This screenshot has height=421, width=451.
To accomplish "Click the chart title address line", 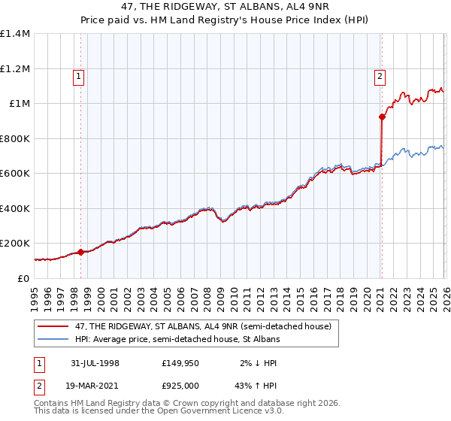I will point(225,5).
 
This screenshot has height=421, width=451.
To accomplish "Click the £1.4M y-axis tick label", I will point(15,34).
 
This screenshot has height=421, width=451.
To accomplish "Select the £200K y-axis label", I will point(15,244).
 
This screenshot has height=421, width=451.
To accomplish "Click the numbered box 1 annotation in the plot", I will point(80,75).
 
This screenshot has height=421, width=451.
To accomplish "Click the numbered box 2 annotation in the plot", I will point(380,75).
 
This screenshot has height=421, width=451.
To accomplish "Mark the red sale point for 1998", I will point(80,252).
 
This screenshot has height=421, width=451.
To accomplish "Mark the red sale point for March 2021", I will point(382,117).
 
